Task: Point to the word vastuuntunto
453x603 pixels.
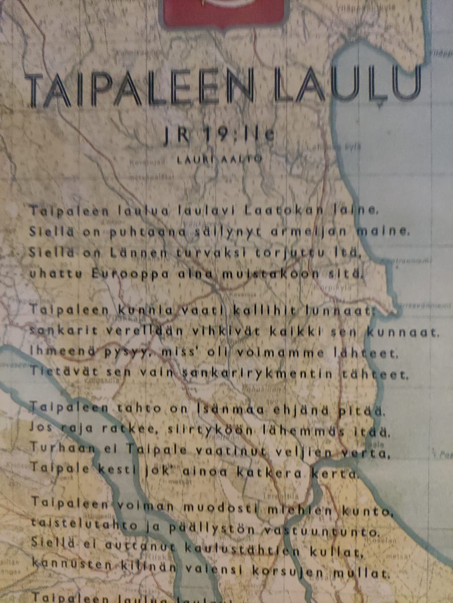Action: click(321, 532)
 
